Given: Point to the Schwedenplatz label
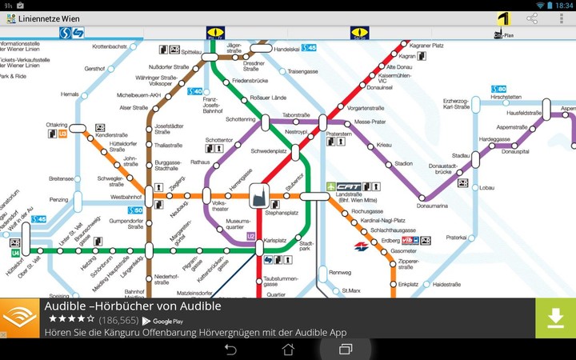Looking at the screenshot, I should pyautogui.click(x=268, y=150).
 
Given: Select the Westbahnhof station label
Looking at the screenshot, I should pyautogui.click(x=126, y=196).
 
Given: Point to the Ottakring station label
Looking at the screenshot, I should pyautogui.click(x=57, y=125).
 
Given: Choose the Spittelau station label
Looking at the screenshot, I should pyautogui.click(x=191, y=51).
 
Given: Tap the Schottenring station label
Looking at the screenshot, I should pyautogui.click(x=241, y=119).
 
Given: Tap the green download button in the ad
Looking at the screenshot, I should pyautogui.click(x=555, y=318).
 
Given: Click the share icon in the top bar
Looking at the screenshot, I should pyautogui.click(x=532, y=18).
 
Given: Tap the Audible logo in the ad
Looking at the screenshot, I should pyautogui.click(x=20, y=318).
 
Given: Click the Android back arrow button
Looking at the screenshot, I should pyautogui.click(x=230, y=350).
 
